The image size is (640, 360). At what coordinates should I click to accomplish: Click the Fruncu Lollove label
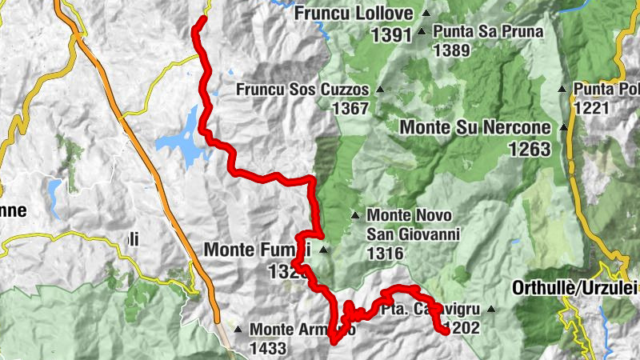[354, 14]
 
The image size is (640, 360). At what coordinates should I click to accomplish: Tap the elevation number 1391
[391, 34]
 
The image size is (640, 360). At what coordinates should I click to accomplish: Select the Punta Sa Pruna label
[488, 32]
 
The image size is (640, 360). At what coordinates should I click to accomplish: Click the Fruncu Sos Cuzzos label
[302, 90]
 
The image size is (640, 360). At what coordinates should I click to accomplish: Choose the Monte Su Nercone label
[475, 127]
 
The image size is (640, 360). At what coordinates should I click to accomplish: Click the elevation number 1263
[529, 149]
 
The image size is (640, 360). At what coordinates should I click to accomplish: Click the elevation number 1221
[593, 106]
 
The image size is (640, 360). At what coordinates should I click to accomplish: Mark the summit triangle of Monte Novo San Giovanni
[355, 215]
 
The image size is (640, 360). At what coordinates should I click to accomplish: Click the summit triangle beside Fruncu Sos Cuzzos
[380, 90]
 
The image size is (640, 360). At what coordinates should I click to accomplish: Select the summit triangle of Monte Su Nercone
[564, 127]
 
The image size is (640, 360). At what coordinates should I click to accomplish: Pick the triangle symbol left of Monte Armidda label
[238, 329]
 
